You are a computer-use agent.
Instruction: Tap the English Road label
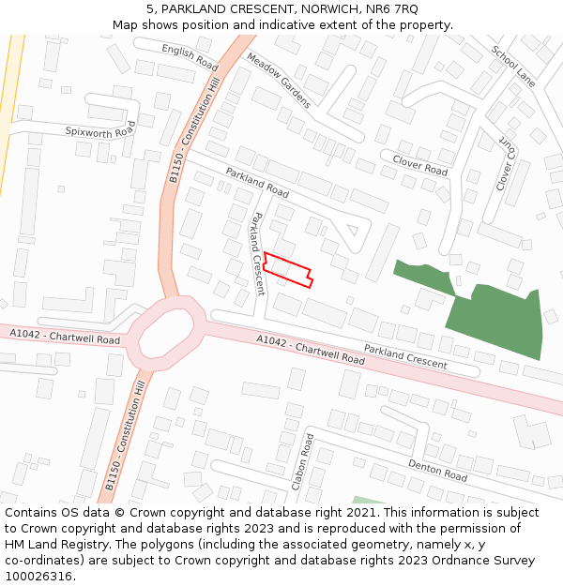click(x=190, y=57)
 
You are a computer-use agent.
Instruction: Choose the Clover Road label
click(x=420, y=165)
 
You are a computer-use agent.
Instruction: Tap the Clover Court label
click(x=505, y=166)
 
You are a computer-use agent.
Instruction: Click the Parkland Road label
click(x=257, y=182)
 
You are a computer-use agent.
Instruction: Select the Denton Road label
click(x=437, y=470)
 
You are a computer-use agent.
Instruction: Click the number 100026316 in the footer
click(x=38, y=576)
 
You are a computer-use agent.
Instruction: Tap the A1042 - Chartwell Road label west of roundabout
click(x=65, y=337)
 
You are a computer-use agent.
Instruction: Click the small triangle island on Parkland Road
click(x=353, y=228)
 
